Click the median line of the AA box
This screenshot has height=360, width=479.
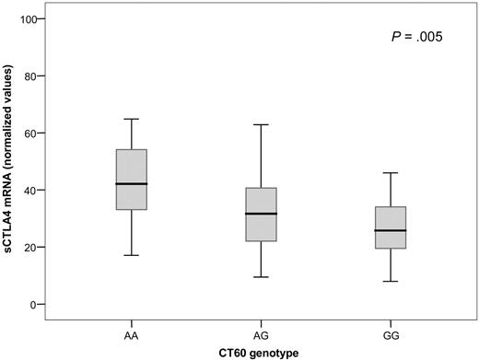coord(132,184)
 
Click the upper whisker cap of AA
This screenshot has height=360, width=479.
coord(132,119)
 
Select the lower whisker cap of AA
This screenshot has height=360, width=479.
coord(132,255)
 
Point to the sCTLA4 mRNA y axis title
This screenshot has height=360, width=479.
coord(9,161)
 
